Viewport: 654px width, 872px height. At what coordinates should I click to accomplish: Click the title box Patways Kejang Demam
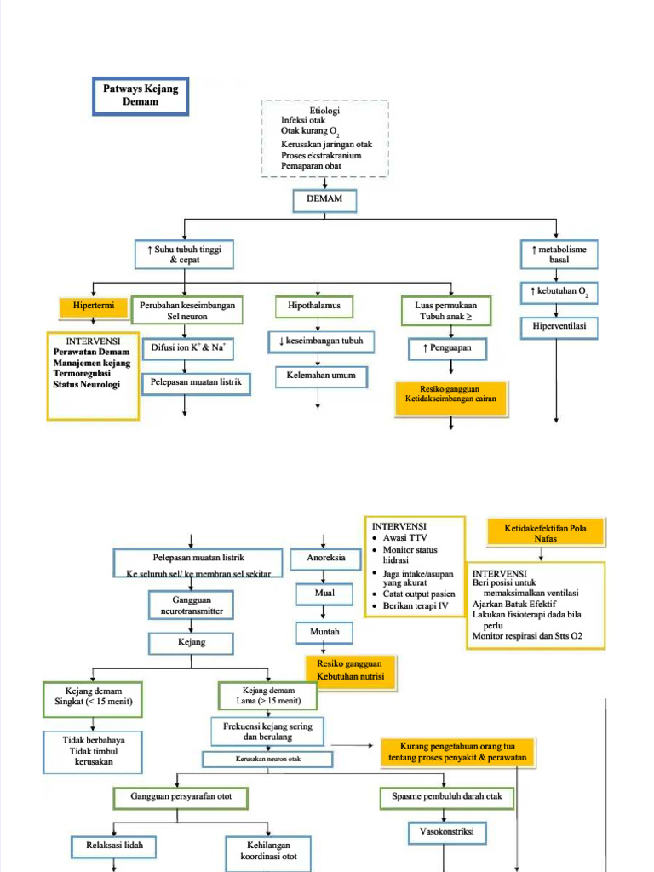tap(139, 95)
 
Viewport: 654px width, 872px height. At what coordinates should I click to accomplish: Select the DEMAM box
tap(324, 201)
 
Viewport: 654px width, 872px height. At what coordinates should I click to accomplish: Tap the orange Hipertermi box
tap(94, 306)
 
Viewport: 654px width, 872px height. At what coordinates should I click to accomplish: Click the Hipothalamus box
tap(313, 306)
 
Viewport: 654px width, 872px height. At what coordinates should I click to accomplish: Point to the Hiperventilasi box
tap(559, 326)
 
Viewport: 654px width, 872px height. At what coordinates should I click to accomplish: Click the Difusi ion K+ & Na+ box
tap(186, 347)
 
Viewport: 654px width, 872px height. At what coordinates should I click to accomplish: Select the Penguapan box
tap(447, 348)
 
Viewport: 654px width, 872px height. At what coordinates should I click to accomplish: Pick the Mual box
tap(324, 593)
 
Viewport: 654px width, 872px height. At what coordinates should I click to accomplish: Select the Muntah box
tap(324, 632)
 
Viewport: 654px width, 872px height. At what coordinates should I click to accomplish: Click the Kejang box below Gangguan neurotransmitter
tap(192, 642)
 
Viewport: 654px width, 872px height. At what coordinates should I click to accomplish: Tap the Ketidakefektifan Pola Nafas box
tap(545, 533)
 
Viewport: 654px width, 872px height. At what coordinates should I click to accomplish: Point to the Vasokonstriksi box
tap(447, 832)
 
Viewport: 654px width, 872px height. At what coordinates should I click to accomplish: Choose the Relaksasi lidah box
tap(115, 846)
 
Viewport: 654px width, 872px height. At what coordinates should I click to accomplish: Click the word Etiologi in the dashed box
tap(324, 111)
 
